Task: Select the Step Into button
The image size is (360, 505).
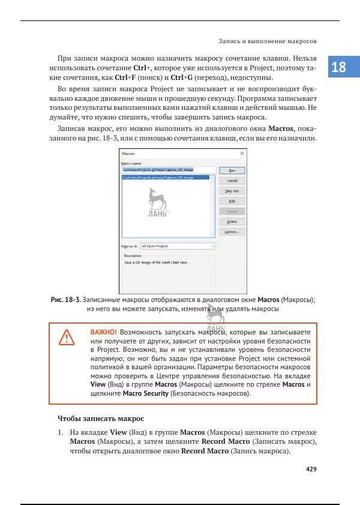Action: [x=232, y=191]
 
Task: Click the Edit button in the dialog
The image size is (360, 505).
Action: [x=232, y=201]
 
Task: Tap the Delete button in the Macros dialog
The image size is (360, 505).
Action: [x=232, y=222]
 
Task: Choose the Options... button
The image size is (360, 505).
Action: [x=232, y=232]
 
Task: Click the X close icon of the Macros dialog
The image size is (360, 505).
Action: [x=242, y=154]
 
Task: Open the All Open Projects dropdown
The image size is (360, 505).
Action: [x=178, y=246]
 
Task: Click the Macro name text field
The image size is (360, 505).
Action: [x=168, y=170]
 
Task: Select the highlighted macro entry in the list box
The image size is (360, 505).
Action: [x=158, y=178]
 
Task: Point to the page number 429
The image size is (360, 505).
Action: [x=311, y=469]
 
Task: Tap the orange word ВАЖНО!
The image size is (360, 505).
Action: [x=103, y=331]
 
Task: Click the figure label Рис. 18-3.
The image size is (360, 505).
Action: [x=65, y=300]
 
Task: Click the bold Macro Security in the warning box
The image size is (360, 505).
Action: [x=145, y=394]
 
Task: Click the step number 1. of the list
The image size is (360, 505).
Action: [x=61, y=432]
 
